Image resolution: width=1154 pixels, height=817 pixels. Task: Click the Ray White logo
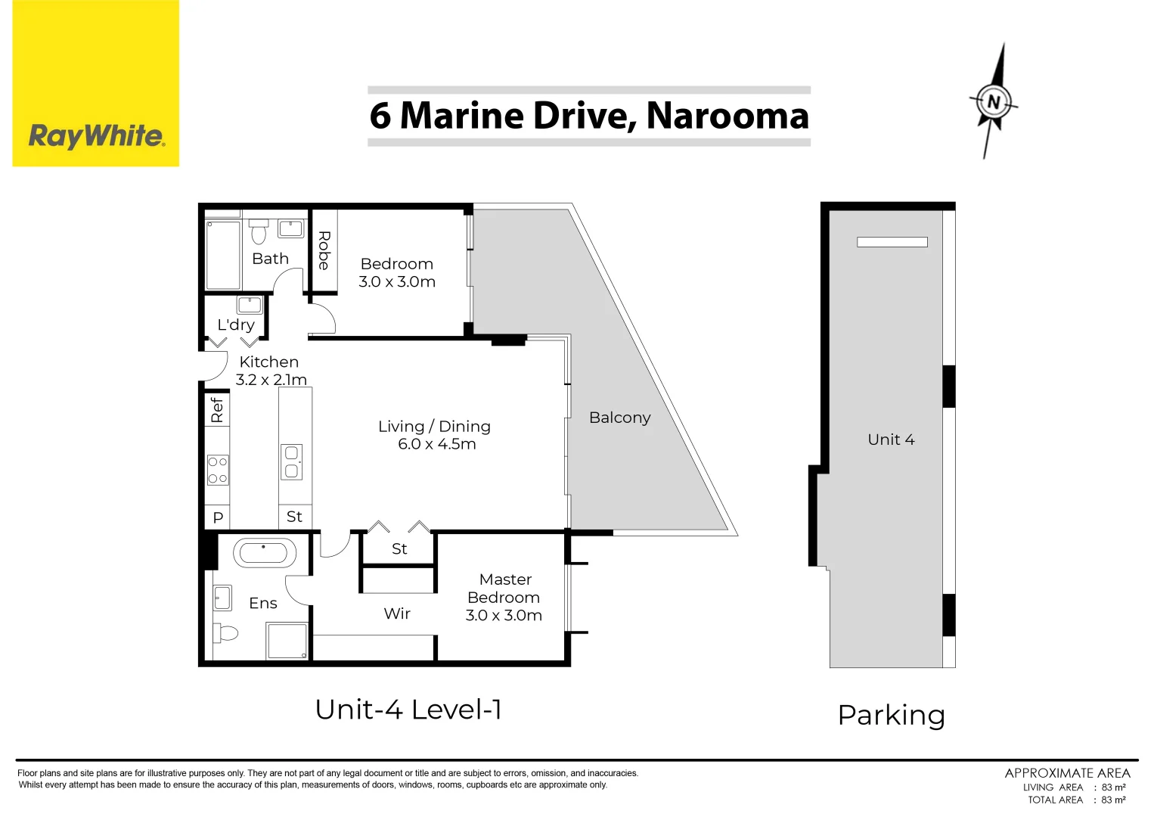click(x=96, y=83)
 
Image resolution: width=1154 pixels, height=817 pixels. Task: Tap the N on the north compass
click(x=994, y=102)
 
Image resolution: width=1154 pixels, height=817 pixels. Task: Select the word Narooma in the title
click(x=727, y=116)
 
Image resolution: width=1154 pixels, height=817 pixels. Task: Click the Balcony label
click(x=620, y=418)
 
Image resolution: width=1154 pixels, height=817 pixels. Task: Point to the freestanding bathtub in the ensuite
click(x=265, y=552)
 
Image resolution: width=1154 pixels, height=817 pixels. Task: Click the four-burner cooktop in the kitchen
click(x=218, y=470)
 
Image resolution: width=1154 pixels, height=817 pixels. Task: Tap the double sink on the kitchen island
click(x=292, y=462)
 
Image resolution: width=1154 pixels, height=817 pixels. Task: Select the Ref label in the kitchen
click(x=217, y=410)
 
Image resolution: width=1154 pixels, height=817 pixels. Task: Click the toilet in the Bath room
click(x=259, y=231)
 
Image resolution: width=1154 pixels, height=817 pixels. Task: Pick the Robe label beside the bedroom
click(x=324, y=250)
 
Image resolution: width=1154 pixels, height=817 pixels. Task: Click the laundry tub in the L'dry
click(x=250, y=305)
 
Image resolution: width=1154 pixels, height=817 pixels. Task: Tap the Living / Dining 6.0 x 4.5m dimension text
click(x=437, y=444)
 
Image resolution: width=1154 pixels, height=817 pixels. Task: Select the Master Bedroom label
click(x=504, y=588)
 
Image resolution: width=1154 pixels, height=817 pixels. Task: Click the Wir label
click(x=397, y=614)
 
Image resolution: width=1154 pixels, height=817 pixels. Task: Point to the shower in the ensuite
click(x=287, y=640)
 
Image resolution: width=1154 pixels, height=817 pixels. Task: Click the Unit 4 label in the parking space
click(x=892, y=440)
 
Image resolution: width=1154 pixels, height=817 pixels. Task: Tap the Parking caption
click(x=892, y=716)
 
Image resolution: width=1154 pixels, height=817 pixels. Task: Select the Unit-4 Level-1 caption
click(x=408, y=710)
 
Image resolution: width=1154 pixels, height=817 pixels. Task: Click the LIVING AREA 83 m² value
click(x=1114, y=787)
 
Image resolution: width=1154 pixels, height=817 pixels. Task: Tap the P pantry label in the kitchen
click(x=218, y=517)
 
